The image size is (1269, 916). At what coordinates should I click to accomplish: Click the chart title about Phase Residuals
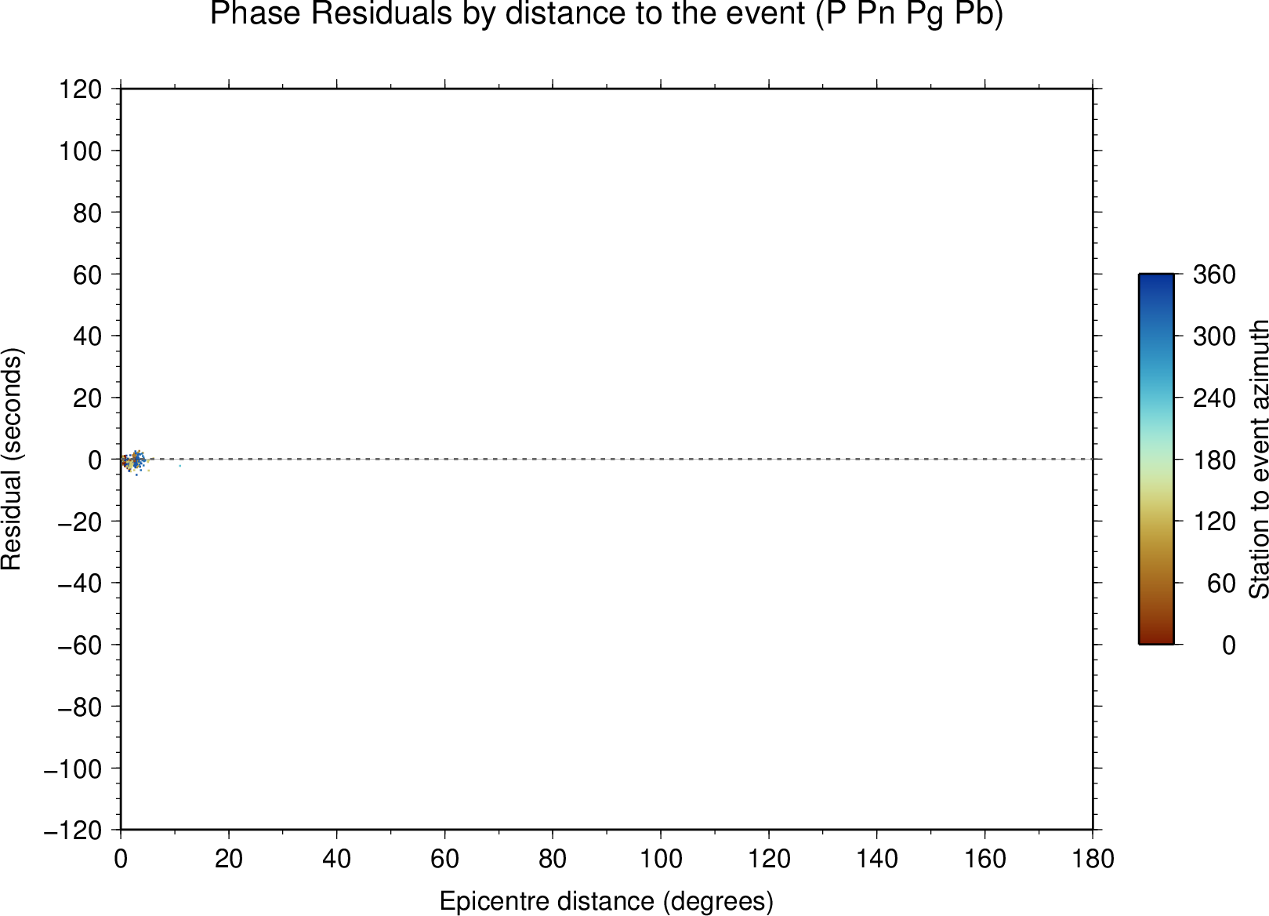pyautogui.click(x=606, y=13)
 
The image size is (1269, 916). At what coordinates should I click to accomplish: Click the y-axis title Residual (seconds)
pyautogui.click(x=11, y=459)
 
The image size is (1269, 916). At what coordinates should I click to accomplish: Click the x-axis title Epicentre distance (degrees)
pyautogui.click(x=606, y=901)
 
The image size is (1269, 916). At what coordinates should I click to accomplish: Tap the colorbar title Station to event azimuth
pyautogui.click(x=1258, y=459)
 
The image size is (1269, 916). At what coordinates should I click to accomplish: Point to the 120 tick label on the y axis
pyautogui.click(x=81, y=89)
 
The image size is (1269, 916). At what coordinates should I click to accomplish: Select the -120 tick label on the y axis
pyautogui.click(x=73, y=831)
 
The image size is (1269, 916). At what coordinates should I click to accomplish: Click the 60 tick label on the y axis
pyautogui.click(x=87, y=274)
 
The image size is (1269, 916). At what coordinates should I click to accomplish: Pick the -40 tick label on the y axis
pyautogui.click(x=80, y=583)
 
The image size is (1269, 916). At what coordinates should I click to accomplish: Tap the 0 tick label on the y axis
pyautogui.click(x=95, y=460)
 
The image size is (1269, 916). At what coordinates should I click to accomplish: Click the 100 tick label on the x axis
pyautogui.click(x=661, y=860)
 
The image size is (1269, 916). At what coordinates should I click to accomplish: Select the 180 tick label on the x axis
pyautogui.click(x=1093, y=860)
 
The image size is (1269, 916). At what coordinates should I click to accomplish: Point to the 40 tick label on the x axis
pyautogui.click(x=336, y=860)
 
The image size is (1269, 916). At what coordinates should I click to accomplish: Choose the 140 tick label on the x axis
pyautogui.click(x=876, y=860)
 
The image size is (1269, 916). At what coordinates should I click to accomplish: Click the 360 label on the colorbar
pyautogui.click(x=1214, y=274)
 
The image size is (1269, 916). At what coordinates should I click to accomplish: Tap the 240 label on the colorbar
pyautogui.click(x=1214, y=398)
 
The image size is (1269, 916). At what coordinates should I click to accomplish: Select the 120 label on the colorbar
pyautogui.click(x=1214, y=521)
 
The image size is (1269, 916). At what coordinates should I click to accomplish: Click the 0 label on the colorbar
pyautogui.click(x=1228, y=645)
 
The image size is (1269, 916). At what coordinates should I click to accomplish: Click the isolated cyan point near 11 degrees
pyautogui.click(x=180, y=466)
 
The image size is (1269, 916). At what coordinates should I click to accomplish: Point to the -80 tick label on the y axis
pyautogui.click(x=80, y=707)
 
